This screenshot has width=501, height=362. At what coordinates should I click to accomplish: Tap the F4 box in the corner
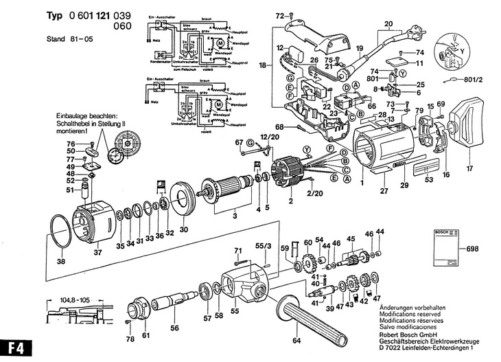14,349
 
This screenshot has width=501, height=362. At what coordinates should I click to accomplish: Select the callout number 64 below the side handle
296,340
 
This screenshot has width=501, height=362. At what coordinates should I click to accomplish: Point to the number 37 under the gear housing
97,252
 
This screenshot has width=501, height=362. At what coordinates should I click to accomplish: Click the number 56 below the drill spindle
174,328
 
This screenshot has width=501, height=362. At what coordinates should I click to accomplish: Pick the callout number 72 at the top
279,14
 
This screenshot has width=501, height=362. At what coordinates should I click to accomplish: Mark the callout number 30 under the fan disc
183,229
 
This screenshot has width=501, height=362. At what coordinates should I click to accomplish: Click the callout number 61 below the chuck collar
145,335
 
